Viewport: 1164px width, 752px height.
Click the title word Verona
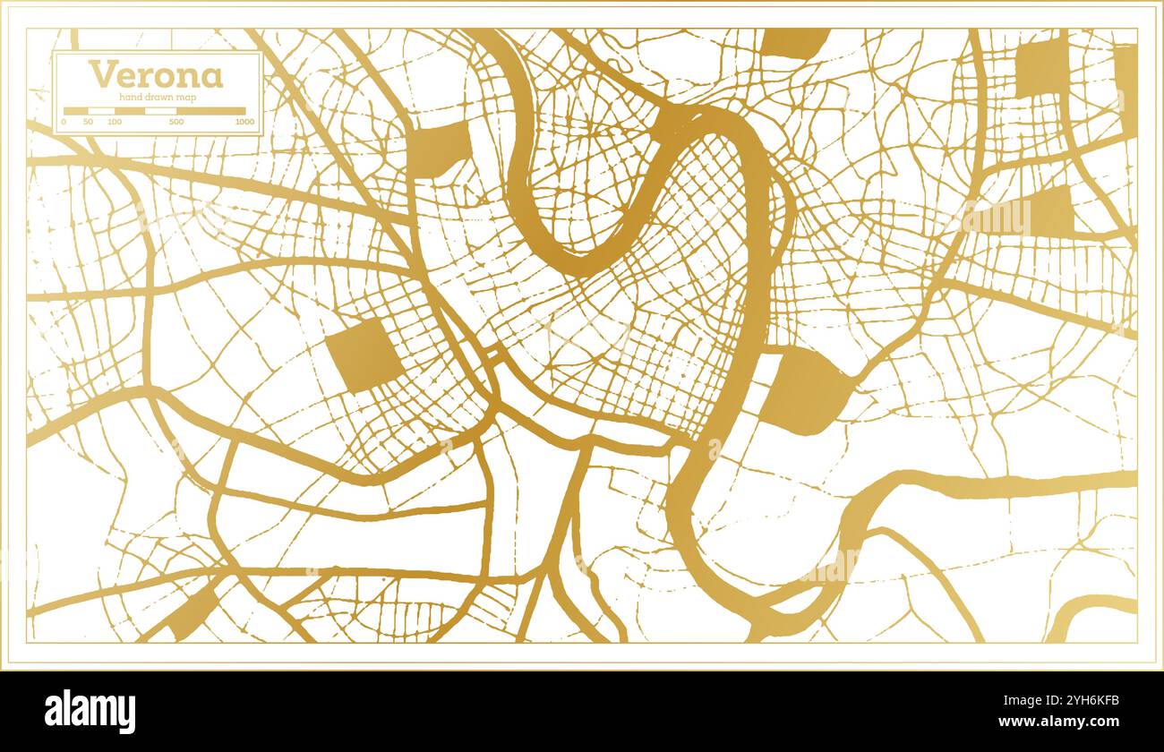[x=155, y=74]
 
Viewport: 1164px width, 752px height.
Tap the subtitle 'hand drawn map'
[x=157, y=97]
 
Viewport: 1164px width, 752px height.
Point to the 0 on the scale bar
[x=64, y=121]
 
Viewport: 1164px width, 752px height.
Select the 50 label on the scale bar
[x=88, y=121]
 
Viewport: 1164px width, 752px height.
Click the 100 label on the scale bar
[x=115, y=121]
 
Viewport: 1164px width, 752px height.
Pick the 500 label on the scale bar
[x=176, y=121]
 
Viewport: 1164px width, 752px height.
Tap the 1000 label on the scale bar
[x=244, y=121]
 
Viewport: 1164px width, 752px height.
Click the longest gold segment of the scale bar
[x=210, y=111]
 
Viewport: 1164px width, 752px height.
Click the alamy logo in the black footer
[x=90, y=712]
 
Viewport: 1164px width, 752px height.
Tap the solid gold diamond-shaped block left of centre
[x=364, y=355]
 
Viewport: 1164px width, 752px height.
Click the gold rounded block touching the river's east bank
[x=804, y=390]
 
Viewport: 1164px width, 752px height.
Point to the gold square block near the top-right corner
[x=1042, y=67]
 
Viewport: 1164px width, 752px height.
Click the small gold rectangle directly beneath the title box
[x=441, y=148]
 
